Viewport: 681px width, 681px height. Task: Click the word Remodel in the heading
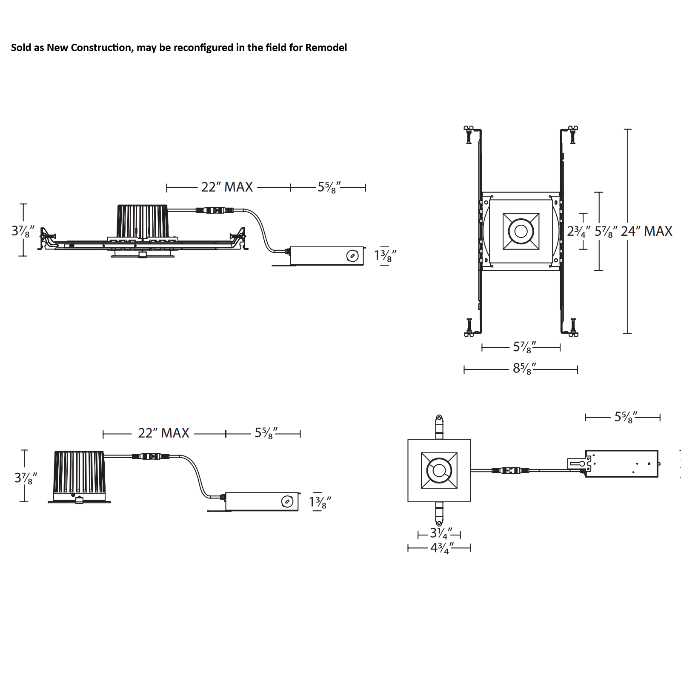326,47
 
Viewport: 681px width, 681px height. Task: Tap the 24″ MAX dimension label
647,231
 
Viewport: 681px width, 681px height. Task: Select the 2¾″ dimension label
578,231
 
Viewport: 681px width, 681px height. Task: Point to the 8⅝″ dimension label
524,368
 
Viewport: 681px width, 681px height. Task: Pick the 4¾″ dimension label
442,548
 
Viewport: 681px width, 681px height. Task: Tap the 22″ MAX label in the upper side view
227,187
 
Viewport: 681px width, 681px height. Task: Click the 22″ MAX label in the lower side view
163,433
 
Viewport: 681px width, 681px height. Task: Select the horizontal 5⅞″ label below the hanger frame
524,347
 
